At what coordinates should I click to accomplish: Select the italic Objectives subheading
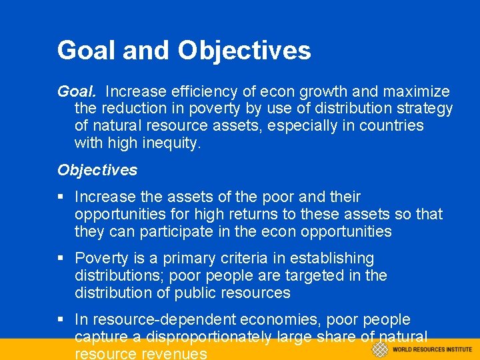tap(97, 170)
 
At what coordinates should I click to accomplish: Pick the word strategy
tap(421, 108)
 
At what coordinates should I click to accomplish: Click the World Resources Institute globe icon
tap(379, 349)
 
